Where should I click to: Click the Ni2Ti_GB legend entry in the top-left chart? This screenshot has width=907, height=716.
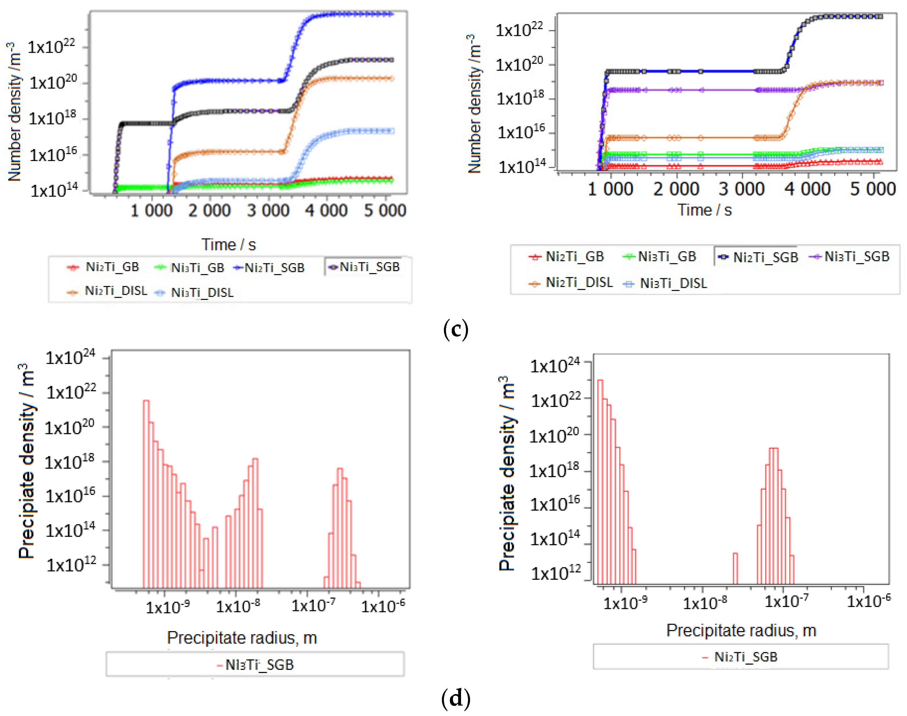[104, 267]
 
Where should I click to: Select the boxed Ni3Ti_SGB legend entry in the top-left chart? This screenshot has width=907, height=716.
[364, 267]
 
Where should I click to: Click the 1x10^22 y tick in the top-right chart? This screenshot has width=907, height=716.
[519, 30]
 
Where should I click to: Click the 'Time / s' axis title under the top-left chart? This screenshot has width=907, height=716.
[228, 244]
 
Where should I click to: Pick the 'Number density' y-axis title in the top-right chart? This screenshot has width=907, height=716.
[474, 104]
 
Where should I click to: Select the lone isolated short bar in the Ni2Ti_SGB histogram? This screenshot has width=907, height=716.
[735, 568]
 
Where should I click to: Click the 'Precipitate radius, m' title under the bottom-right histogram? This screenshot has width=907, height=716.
[741, 630]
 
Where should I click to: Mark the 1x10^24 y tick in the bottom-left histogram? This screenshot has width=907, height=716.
[70, 358]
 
